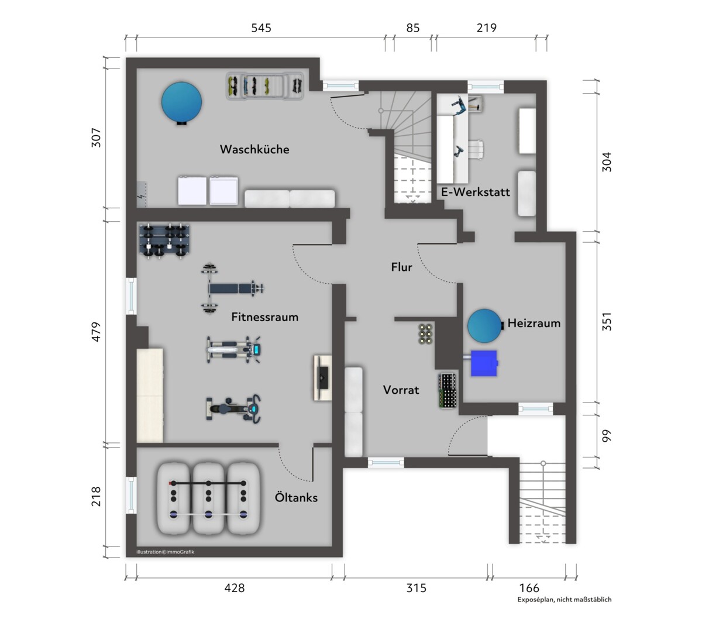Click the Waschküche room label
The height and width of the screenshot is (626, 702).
point(254,149)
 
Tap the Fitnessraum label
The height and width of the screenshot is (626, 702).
point(265,317)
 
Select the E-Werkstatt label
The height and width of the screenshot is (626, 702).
point(476,192)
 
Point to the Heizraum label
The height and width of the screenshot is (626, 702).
point(534,323)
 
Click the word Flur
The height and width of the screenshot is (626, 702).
point(401,267)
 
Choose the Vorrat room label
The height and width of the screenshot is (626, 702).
point(401,390)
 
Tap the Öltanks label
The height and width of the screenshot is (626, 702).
point(296,497)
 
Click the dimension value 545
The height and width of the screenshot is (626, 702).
point(261,27)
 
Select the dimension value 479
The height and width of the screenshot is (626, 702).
point(96,332)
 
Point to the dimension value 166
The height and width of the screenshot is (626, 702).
point(529,588)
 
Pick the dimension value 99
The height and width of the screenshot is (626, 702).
point(607,436)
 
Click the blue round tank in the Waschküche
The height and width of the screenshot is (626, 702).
point(181,102)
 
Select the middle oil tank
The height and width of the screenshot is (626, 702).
point(208,498)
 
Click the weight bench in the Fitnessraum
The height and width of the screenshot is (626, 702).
point(232,289)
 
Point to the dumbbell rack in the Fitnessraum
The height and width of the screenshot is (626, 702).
point(164,241)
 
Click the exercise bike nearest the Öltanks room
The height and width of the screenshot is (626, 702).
point(233,409)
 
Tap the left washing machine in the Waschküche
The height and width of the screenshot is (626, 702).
point(192,191)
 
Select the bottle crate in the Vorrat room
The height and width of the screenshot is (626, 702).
point(448,391)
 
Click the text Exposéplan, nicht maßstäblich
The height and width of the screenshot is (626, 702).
point(565,600)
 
